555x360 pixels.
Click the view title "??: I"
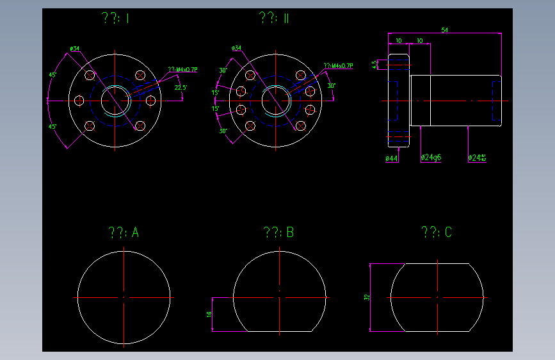116,19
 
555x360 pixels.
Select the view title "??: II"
275,19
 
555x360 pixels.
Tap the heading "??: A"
124,232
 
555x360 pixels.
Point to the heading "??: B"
278,232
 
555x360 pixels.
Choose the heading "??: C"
437,232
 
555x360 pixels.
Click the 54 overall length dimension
445,30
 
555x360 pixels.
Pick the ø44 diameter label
392,158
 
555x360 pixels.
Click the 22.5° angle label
181,87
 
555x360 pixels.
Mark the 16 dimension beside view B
209,315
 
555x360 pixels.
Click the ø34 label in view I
74,48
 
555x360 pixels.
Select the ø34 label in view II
236,48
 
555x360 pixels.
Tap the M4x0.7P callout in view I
183,69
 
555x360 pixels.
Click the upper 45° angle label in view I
53,74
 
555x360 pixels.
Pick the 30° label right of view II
331,85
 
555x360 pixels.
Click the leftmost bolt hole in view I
79,101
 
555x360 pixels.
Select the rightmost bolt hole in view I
151,101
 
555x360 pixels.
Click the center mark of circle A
124,298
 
